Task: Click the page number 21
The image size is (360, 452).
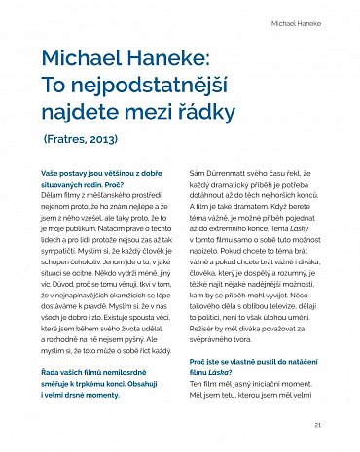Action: click(x=318, y=425)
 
